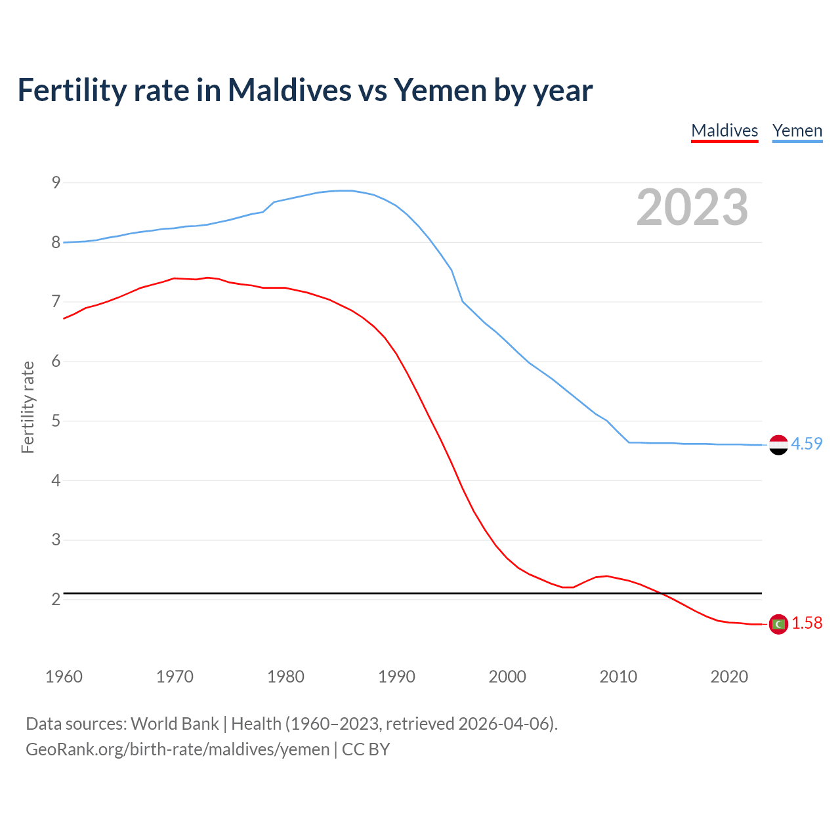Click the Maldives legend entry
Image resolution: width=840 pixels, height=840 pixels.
[724, 131]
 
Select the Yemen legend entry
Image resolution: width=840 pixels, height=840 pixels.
[797, 131]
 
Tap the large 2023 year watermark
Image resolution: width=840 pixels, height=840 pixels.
[692, 207]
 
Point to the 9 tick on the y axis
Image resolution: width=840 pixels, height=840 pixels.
[56, 182]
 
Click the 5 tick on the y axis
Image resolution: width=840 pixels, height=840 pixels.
[56, 421]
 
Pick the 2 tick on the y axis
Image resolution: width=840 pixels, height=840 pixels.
[56, 599]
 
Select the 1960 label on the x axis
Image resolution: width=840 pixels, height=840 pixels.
[64, 677]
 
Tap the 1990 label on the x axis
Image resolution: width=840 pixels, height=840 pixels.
[396, 677]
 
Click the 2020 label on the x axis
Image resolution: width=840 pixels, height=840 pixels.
[729, 677]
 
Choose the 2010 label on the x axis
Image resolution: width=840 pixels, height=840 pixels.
[618, 677]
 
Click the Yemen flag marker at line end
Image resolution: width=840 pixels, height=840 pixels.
[778, 444]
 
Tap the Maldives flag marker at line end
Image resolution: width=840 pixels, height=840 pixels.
[778, 624]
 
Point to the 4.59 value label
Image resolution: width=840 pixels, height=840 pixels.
[807, 444]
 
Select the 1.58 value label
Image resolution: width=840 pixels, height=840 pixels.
[807, 623]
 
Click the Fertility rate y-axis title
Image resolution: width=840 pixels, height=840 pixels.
[28, 407]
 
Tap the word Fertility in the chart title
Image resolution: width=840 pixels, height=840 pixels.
[71, 91]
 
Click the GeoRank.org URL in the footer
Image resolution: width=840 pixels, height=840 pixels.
[177, 749]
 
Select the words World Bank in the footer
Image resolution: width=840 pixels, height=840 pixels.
[175, 724]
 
